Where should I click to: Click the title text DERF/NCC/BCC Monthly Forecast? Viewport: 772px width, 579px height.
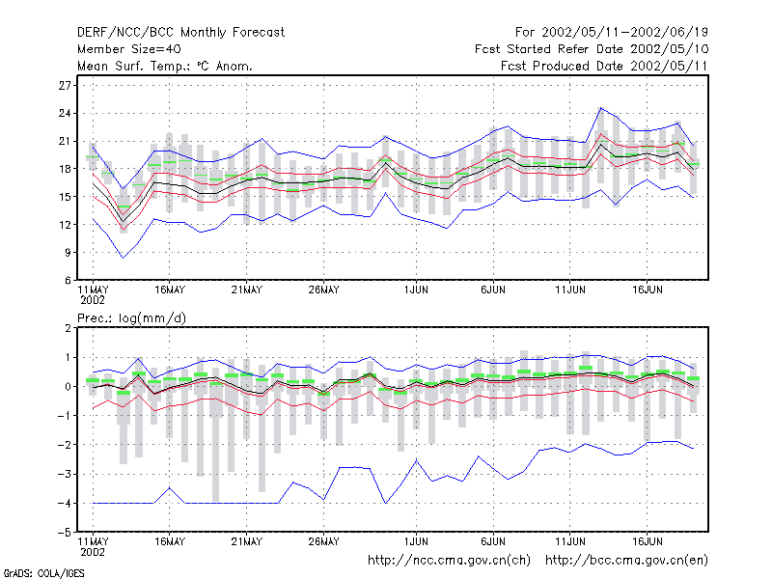pos(180,33)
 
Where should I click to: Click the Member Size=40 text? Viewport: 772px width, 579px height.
pos(129,49)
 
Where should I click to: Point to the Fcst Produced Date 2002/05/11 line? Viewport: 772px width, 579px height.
pos(604,66)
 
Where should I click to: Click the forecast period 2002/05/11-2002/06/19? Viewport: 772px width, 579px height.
pos(624,33)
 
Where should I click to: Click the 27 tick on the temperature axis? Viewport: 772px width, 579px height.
pos(65,85)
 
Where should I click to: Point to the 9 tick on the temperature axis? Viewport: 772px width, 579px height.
pos(68,253)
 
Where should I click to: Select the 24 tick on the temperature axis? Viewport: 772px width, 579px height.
pos(65,113)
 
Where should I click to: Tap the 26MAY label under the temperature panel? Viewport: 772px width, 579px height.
pos(323,290)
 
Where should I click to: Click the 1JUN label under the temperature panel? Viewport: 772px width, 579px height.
pos(416,290)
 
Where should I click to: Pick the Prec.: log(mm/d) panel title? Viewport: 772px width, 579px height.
pos(131,318)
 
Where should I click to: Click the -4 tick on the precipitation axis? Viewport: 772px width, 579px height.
pos(65,503)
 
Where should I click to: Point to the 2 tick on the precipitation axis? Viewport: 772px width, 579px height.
pos(68,328)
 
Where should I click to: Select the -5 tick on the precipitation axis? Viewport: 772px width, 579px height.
pos(65,533)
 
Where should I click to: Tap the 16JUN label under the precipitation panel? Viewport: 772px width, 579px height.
pos(647,541)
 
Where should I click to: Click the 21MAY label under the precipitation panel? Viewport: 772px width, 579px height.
pos(247,541)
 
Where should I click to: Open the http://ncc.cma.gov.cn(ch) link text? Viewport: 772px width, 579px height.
pos(449,561)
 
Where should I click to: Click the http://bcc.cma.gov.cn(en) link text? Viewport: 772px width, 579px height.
pos(626,561)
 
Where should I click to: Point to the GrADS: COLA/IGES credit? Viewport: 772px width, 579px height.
pos(43,573)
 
